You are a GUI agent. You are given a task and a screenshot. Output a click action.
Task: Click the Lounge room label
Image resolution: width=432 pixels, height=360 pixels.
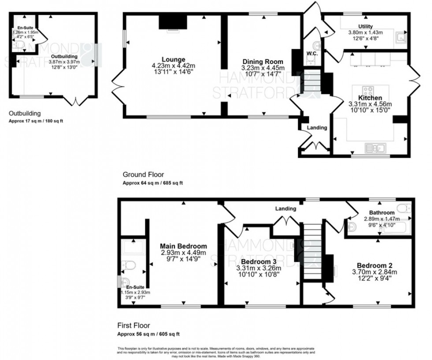(x=173, y=60)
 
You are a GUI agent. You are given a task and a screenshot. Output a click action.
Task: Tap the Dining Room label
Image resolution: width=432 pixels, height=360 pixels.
(x=263, y=62)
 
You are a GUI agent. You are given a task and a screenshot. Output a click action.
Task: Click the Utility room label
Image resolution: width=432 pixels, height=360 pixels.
(x=365, y=26)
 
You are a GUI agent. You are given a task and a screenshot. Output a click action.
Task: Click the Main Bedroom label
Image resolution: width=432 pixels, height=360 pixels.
(x=183, y=246)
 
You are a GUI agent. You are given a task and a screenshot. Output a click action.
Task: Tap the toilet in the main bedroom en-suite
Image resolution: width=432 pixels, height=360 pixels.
(x=129, y=266)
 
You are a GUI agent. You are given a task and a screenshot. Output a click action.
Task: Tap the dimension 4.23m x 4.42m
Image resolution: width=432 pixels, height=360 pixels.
(x=173, y=66)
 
